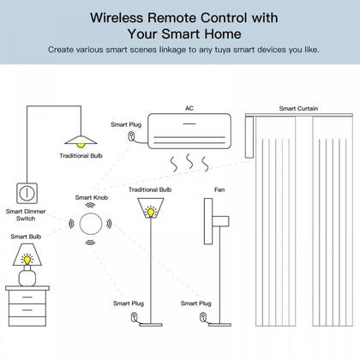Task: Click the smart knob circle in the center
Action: (x=90, y=225)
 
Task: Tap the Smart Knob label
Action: (x=90, y=196)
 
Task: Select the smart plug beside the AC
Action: (x=130, y=136)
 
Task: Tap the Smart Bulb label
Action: (x=25, y=234)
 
